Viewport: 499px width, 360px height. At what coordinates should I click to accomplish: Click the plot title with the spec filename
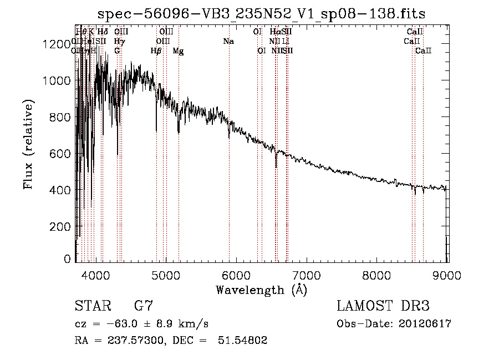(262, 14)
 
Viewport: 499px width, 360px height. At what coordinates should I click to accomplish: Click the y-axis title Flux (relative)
(28, 144)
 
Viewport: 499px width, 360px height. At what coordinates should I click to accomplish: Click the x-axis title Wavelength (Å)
(261, 290)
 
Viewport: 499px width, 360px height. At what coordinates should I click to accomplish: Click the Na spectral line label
(228, 42)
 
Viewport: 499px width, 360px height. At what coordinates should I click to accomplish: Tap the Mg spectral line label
(178, 51)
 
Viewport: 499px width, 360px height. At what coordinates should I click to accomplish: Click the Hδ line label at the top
(103, 32)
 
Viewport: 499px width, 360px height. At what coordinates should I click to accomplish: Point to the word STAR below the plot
(92, 306)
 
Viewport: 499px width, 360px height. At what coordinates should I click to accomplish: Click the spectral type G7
(143, 306)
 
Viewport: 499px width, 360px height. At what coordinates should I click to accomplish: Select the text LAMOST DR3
(383, 306)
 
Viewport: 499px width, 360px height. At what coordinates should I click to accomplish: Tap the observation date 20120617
(424, 324)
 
